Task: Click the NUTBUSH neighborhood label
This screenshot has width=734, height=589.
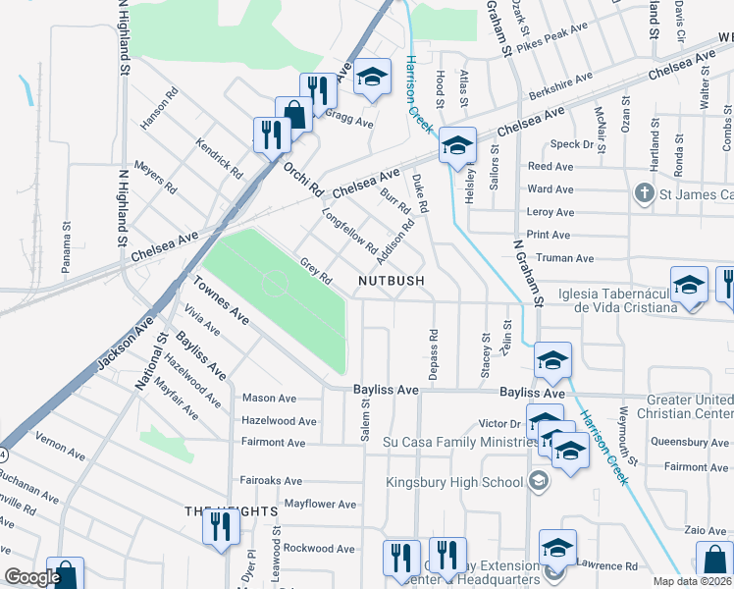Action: [391, 281]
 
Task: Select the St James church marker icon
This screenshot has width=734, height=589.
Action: [645, 191]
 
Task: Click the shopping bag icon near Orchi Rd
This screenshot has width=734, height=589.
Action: [293, 113]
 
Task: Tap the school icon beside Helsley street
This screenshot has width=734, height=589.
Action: [456, 145]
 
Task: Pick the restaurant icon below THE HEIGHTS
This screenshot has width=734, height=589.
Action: [221, 527]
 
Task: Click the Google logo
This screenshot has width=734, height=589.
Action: [32, 577]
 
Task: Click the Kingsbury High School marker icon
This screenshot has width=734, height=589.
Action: [538, 481]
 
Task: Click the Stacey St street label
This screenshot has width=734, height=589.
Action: [486, 355]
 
